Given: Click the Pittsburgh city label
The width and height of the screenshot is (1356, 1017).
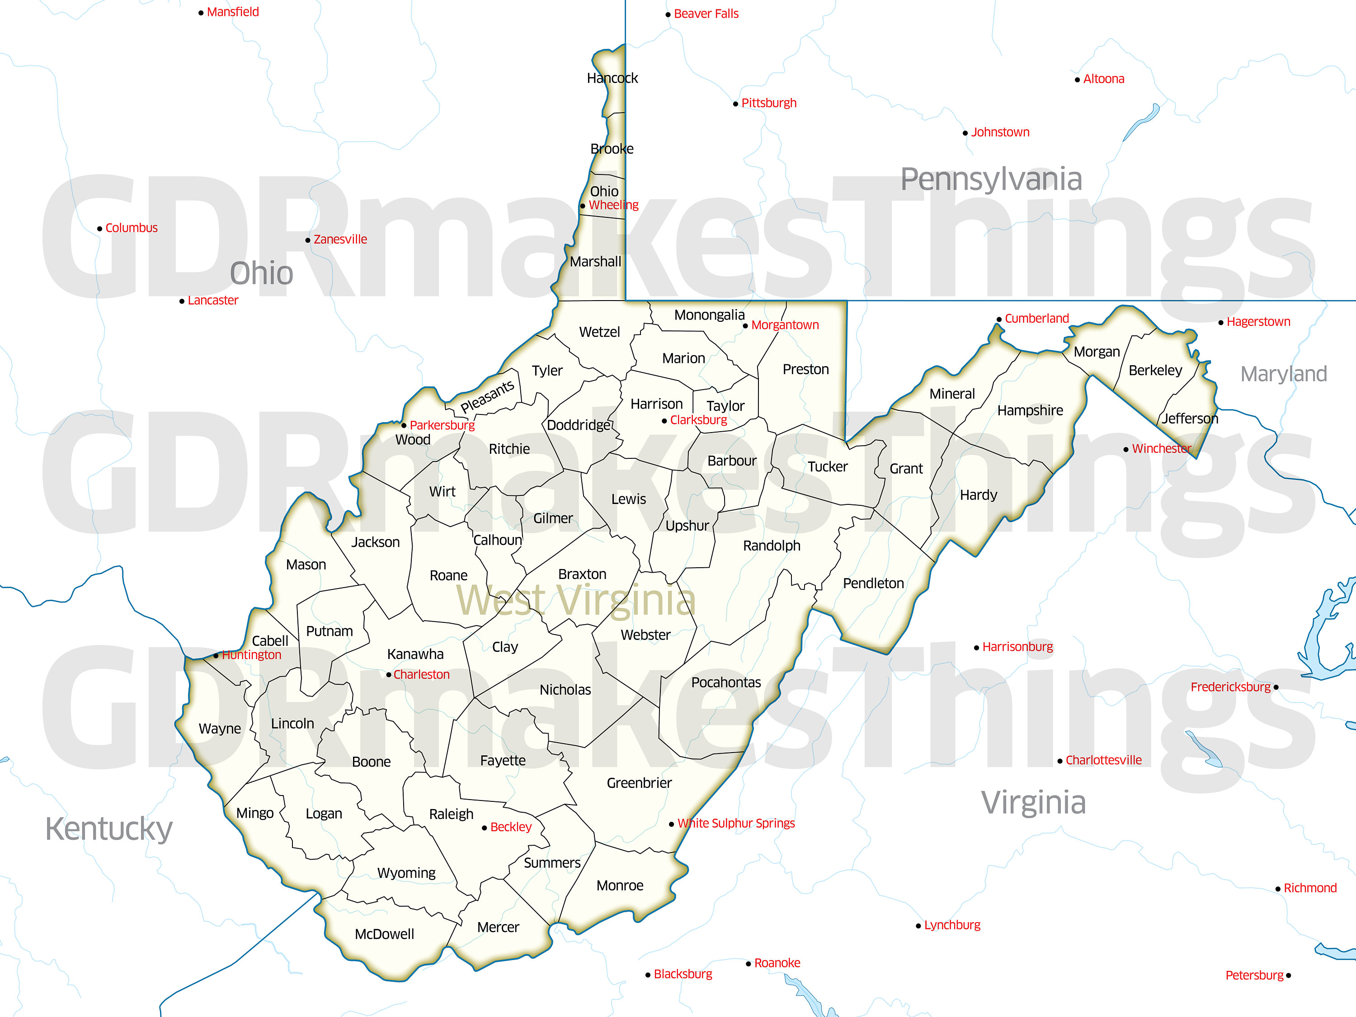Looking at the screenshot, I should [769, 103].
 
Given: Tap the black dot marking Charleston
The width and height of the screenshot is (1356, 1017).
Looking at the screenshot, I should [389, 675].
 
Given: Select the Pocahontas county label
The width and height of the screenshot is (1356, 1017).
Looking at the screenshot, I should [726, 682].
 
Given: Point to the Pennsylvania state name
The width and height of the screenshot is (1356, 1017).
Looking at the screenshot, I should [991, 179].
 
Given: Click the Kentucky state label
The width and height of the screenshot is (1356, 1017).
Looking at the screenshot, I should [109, 829].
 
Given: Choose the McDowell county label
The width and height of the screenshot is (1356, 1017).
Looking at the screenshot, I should [384, 934].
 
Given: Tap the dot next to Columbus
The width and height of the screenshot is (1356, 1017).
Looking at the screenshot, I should [100, 229].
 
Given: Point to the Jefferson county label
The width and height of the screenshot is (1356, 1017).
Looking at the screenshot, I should [1190, 418].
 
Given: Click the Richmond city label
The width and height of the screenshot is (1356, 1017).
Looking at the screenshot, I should [1310, 888].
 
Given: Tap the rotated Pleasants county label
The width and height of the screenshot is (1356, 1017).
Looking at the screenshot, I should [487, 396].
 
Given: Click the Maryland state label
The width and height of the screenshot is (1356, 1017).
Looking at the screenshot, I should [1284, 373].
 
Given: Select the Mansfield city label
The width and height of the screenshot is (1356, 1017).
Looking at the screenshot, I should [233, 12].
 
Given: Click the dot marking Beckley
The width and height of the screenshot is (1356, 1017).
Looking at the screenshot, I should [484, 828].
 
